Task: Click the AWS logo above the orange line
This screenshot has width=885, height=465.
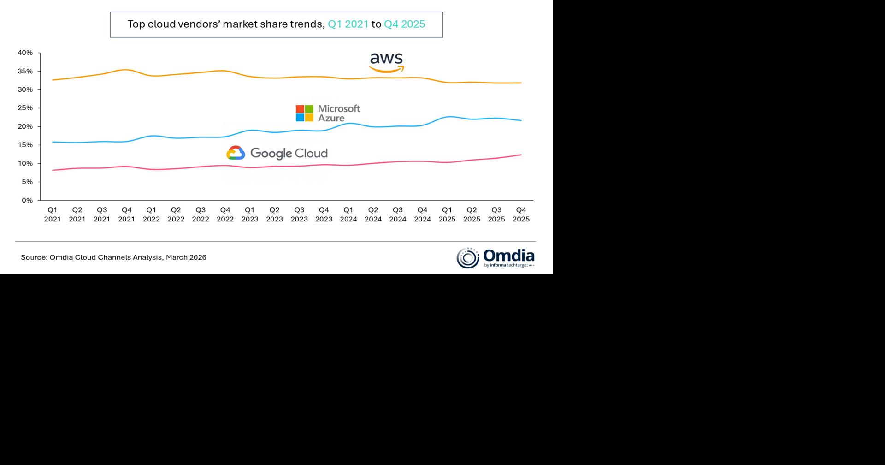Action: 386,62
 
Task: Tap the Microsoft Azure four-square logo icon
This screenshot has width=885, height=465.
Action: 304,113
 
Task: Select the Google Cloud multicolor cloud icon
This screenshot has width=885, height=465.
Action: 236,153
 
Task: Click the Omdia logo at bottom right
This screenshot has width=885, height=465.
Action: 496,257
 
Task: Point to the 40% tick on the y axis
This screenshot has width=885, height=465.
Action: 25,53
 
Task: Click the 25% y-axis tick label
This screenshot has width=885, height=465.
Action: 25,108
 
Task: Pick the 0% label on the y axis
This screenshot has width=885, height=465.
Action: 27,201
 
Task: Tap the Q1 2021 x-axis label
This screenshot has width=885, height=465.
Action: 53,215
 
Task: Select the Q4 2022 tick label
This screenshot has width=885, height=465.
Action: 225,215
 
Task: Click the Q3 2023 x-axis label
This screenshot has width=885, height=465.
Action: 299,215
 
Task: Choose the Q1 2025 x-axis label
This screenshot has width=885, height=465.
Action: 447,215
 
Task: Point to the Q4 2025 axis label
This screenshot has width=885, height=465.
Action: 521,215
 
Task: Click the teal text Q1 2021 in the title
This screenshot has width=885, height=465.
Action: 348,24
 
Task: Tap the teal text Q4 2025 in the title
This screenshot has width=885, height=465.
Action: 404,24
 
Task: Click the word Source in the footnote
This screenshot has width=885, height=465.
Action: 34,257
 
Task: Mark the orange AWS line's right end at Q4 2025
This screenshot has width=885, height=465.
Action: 521,83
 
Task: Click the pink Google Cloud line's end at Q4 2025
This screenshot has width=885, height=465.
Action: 521,155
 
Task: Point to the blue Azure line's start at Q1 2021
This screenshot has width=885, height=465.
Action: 53,142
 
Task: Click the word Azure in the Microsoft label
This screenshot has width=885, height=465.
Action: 331,118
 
